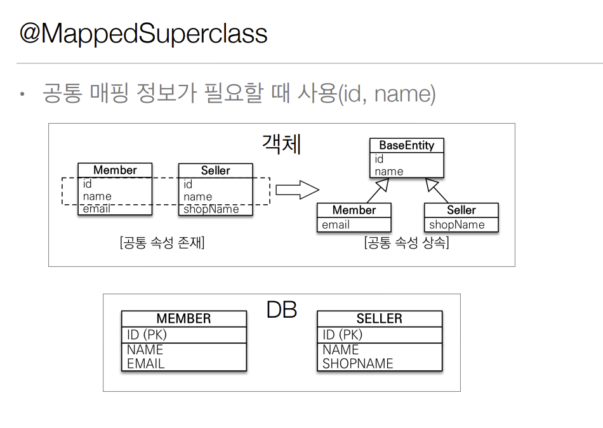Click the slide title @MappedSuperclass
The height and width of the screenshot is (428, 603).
[x=143, y=34]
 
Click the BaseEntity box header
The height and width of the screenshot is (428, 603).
[x=407, y=145]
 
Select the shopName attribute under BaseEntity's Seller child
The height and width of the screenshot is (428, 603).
[x=456, y=224]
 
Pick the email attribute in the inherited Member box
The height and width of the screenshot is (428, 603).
[x=336, y=224]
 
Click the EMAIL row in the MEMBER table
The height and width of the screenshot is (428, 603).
[x=146, y=363]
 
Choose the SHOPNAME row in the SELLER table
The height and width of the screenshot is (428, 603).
[x=357, y=363]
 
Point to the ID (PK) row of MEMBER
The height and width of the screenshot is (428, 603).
[x=147, y=335]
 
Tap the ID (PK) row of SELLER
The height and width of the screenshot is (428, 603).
[x=342, y=335]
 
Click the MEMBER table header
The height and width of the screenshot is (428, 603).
[x=183, y=318]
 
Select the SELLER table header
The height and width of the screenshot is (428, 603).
[x=379, y=318]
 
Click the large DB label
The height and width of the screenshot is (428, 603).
[x=281, y=310]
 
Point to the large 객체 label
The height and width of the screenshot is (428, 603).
[x=281, y=144]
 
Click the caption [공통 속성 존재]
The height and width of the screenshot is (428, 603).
[x=162, y=243]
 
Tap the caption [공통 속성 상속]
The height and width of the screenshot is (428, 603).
[x=406, y=243]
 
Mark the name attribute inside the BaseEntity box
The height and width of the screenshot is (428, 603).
[x=388, y=171]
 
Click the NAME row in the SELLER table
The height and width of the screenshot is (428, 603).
[x=341, y=349]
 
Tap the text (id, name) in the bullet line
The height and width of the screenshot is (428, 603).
[x=387, y=94]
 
